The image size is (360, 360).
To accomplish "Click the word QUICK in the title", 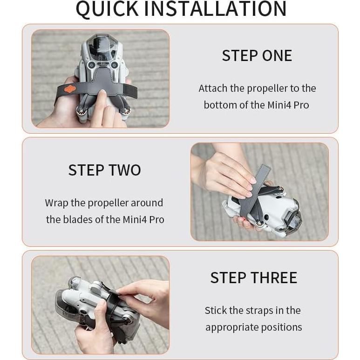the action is click(x=107, y=9).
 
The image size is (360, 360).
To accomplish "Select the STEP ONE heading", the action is click(x=257, y=55).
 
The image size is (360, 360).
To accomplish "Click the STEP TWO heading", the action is click(x=105, y=170).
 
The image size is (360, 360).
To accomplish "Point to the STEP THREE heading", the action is click(x=254, y=278).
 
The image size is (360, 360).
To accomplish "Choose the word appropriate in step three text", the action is click(x=232, y=327).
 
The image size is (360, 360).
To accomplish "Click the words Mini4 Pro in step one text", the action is click(x=288, y=105).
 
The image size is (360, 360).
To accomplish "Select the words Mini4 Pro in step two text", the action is click(x=143, y=219).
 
